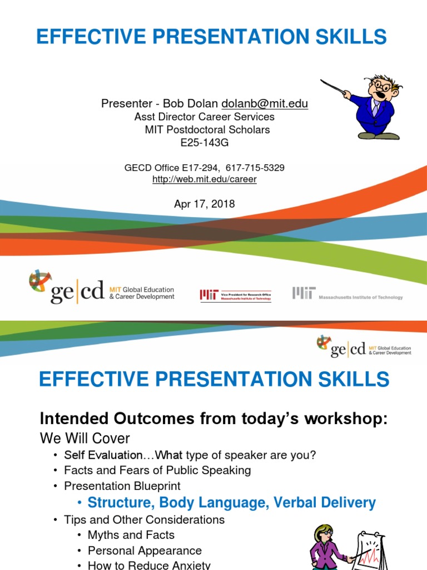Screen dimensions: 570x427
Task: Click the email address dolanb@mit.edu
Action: click(265, 104)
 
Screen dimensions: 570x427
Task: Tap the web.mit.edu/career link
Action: click(204, 179)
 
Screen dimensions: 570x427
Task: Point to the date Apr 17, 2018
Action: click(205, 204)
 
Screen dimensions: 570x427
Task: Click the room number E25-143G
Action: click(205, 142)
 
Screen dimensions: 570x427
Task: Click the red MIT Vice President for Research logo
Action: click(236, 294)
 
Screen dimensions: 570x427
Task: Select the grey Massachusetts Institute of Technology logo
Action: click(347, 294)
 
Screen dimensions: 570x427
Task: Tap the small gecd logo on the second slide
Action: click(364, 346)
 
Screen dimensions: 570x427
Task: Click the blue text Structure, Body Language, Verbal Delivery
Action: click(231, 503)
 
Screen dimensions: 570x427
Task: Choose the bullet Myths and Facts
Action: click(131, 535)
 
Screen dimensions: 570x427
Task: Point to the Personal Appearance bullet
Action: click(145, 551)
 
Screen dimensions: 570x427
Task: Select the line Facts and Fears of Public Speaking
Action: click(157, 470)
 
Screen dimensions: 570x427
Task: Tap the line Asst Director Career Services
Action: click(205, 117)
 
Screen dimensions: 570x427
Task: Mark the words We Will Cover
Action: click(84, 439)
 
